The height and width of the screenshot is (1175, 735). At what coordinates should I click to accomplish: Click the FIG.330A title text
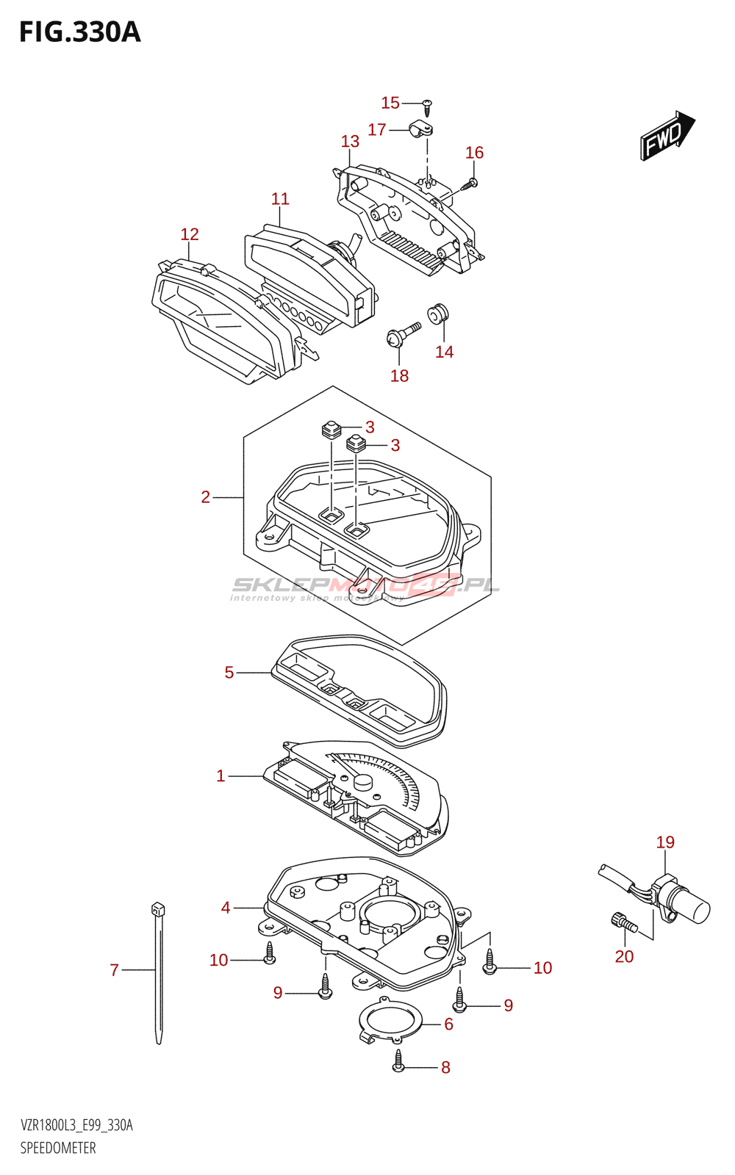[x=79, y=33]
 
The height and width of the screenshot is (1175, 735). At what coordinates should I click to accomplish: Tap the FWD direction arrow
[x=666, y=135]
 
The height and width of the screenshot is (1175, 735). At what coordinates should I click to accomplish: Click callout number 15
[x=390, y=103]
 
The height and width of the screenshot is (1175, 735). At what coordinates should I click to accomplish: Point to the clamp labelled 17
[x=421, y=130]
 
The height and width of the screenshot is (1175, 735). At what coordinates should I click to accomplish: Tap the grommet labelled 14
[x=440, y=313]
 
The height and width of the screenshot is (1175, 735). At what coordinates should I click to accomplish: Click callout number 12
[x=190, y=234]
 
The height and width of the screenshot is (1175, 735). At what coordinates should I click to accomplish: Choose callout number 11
[x=280, y=199]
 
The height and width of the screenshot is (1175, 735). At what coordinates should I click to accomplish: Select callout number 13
[x=350, y=141]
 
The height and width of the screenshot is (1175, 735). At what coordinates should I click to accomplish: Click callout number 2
[x=206, y=497]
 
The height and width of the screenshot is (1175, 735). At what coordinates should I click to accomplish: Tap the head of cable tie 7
[x=157, y=909]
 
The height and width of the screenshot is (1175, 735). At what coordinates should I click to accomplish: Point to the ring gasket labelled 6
[x=391, y=1021]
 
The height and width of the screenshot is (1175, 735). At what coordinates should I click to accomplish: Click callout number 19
[x=665, y=842]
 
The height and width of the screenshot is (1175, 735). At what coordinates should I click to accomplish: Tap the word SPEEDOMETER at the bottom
[x=58, y=1148]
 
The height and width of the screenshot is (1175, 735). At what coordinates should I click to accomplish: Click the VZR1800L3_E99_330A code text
[x=76, y=1126]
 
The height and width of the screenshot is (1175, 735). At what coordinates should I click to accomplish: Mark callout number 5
[x=229, y=673]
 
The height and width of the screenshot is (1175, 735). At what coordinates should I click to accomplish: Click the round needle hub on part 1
[x=362, y=782]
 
